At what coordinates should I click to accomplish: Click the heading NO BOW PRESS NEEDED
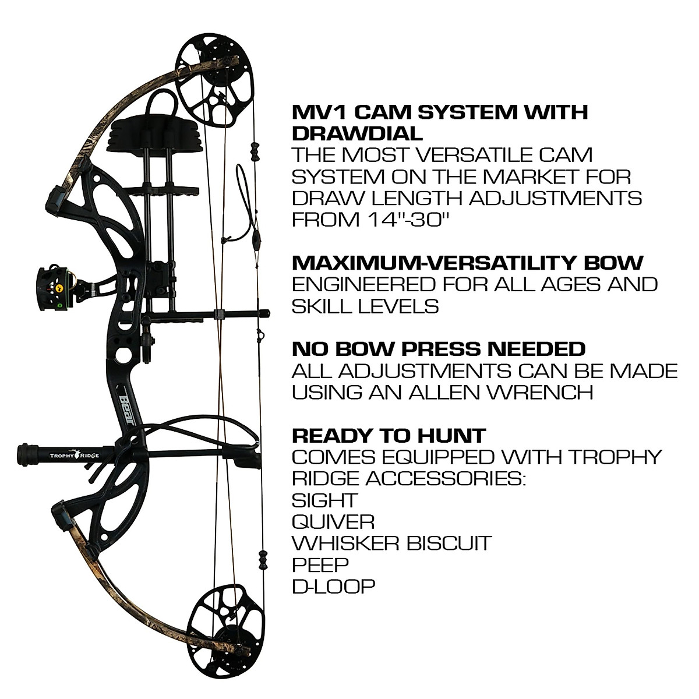(x=438, y=349)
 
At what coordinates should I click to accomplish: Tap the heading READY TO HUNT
(x=389, y=435)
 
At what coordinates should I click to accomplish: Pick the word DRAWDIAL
(x=356, y=133)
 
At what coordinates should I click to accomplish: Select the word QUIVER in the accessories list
(x=333, y=521)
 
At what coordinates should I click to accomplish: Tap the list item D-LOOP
(x=333, y=585)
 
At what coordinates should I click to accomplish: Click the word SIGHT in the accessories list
(x=324, y=500)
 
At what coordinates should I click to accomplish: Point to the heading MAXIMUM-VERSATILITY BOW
(x=467, y=263)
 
